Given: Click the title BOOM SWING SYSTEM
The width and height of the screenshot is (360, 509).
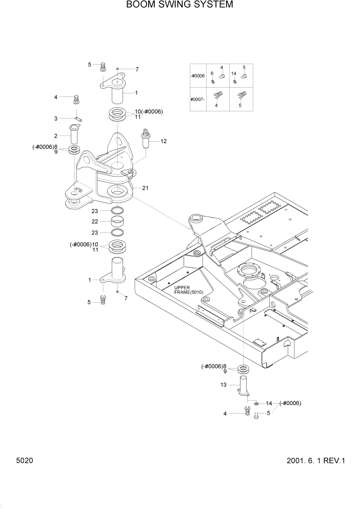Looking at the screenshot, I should [x=179, y=5].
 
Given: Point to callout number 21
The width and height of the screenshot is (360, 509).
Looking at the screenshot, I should [x=145, y=188].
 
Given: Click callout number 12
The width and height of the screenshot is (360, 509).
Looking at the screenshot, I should [x=164, y=141].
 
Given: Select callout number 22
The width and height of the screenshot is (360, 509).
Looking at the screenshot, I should [x=95, y=221].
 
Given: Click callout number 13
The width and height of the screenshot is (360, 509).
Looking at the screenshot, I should [x=224, y=385].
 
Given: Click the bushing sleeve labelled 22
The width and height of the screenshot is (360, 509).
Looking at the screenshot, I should [x=119, y=222].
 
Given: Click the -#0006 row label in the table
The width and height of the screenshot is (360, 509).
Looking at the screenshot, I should [x=197, y=76].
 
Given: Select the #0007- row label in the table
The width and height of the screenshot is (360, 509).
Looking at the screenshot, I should [x=197, y=99].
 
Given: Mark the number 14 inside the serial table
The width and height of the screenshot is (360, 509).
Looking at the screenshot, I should [x=234, y=74].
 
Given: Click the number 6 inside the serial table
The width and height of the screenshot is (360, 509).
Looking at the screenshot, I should [x=212, y=74].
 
